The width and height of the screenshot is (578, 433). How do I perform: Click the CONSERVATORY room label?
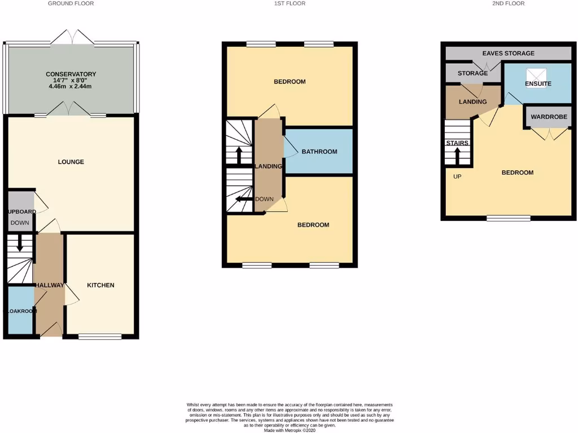71,74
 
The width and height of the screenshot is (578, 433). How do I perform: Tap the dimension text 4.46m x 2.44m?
71,87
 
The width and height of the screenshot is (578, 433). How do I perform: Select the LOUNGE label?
71,162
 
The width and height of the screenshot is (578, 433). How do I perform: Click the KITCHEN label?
100,285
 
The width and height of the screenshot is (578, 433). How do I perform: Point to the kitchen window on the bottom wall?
100,337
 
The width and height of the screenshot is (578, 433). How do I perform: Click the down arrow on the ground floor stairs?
20,244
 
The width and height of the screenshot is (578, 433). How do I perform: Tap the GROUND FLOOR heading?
71,3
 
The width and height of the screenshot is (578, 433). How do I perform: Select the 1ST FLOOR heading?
290,3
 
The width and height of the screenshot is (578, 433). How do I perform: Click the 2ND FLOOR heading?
508,3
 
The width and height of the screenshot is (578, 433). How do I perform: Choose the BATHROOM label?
319,152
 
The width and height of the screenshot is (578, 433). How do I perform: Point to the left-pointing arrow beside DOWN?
243,199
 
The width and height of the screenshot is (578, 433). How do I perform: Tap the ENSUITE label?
537,83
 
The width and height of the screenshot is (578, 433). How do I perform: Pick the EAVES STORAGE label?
508,54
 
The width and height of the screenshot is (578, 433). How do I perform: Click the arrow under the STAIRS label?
457,155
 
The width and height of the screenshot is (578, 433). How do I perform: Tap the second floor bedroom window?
508,219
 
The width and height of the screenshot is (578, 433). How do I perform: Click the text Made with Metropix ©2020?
290,430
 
